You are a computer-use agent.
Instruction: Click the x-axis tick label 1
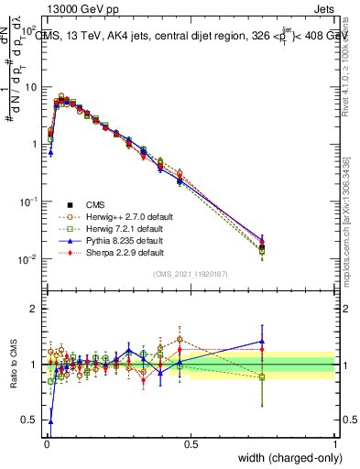point(334,444)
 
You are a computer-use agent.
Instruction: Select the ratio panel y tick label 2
point(32,309)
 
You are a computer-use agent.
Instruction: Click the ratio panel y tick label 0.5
point(29,420)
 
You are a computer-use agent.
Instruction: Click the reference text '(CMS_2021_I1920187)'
point(189,274)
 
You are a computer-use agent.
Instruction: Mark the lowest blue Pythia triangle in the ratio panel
point(49,420)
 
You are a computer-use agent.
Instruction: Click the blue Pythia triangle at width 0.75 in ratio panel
point(262,341)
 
